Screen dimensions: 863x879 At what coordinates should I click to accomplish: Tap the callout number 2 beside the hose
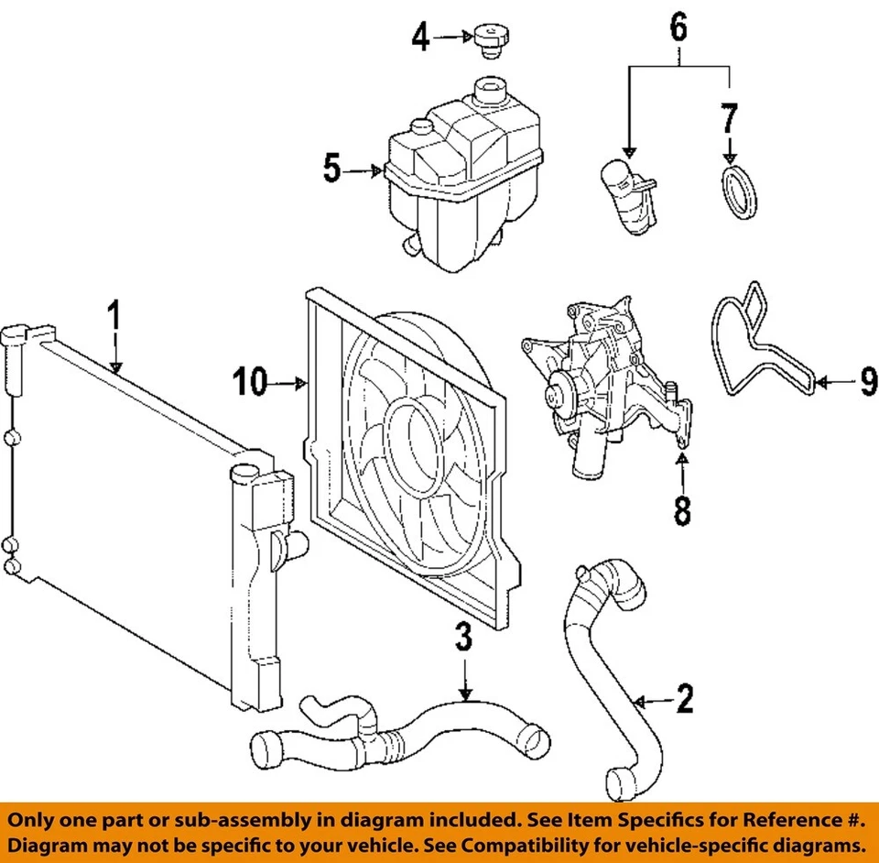coord(684,701)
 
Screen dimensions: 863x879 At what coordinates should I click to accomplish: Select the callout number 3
coord(465,637)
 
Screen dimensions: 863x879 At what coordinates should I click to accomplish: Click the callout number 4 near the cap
coord(420,38)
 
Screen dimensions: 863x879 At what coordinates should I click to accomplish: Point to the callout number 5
coord(332,169)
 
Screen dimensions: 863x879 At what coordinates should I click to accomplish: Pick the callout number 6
coord(678,28)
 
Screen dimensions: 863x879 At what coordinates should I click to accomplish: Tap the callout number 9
coord(867,381)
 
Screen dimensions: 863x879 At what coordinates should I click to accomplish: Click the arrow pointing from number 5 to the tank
coord(364,169)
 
